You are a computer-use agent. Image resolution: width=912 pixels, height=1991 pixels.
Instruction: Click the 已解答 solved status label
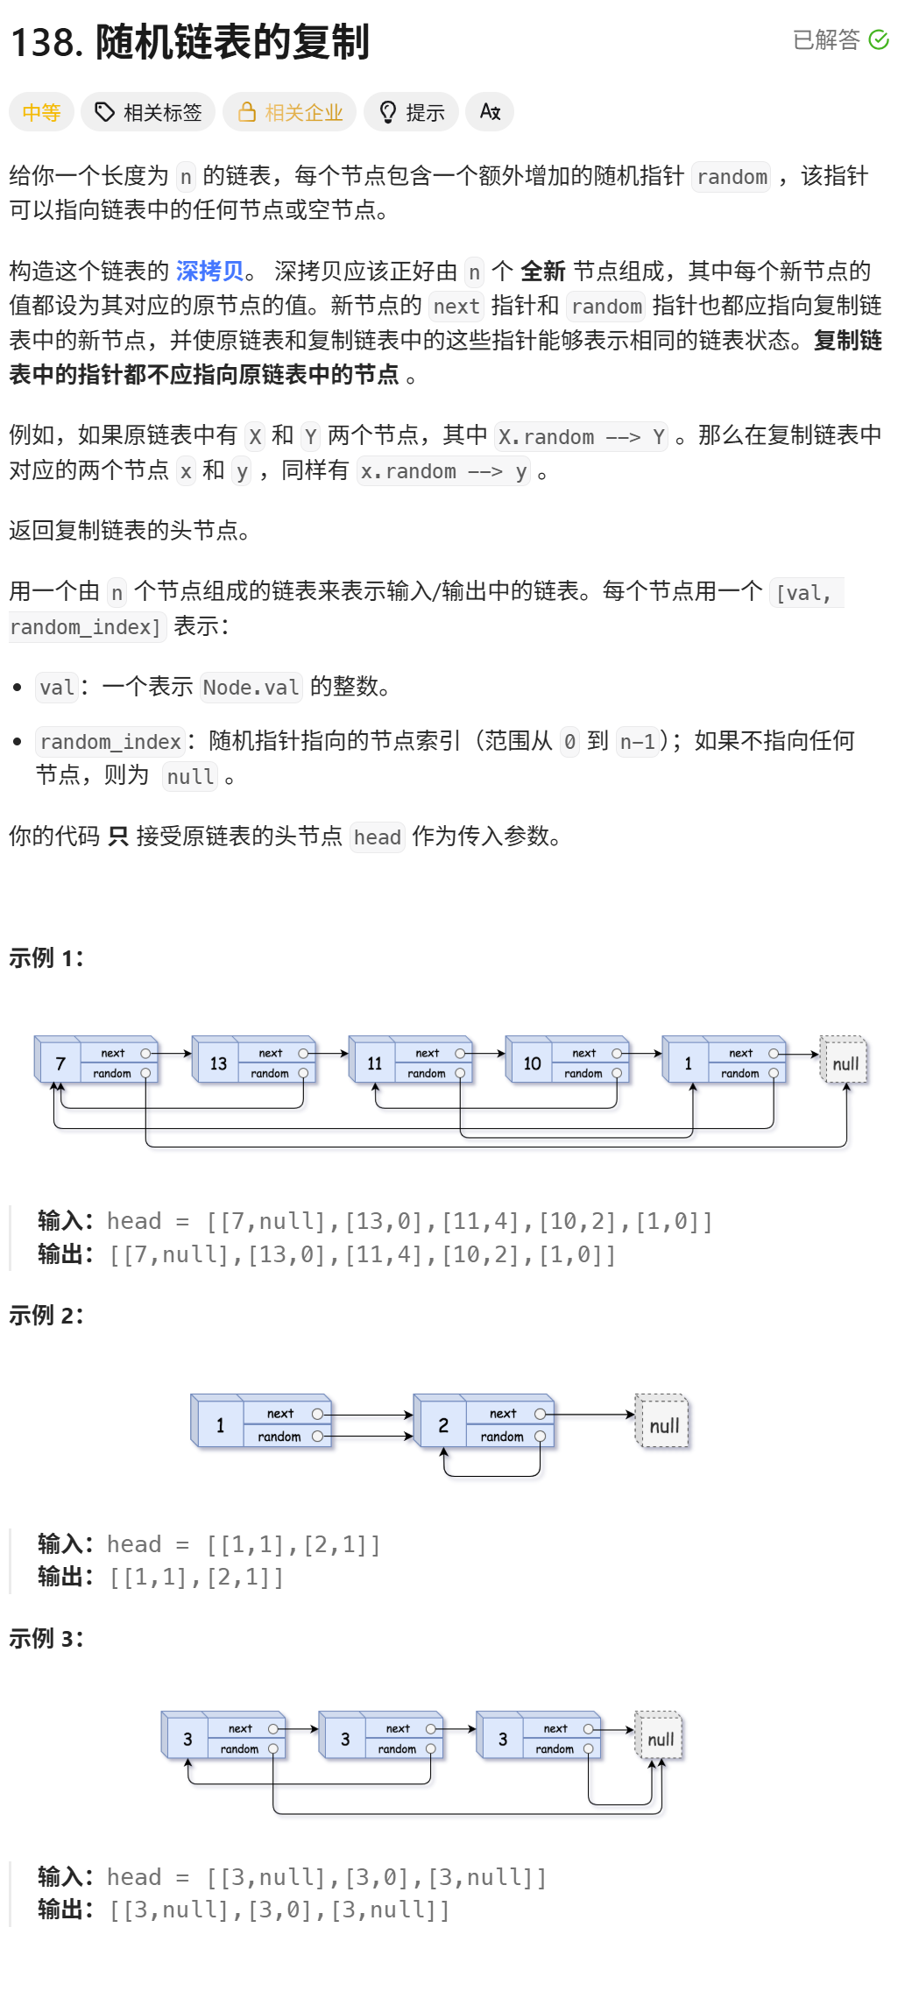pyautogui.click(x=826, y=40)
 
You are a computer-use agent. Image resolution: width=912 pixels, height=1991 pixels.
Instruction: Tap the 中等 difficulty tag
pyautogui.click(x=41, y=112)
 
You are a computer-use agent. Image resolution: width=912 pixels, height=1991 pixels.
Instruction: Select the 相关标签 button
pyautogui.click(x=148, y=112)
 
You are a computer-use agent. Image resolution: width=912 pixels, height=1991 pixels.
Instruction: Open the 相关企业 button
pyautogui.click(x=289, y=112)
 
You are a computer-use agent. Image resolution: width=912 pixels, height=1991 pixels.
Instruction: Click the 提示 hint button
pyautogui.click(x=411, y=112)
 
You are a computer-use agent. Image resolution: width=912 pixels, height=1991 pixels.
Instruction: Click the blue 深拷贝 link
pyautogui.click(x=209, y=272)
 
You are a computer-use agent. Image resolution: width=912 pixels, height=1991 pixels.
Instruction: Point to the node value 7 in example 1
pyautogui.click(x=60, y=1063)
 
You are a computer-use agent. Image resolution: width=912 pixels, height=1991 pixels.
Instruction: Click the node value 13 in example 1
pyautogui.click(x=218, y=1063)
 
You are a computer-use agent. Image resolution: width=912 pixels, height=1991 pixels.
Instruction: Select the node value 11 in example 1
pyautogui.click(x=374, y=1063)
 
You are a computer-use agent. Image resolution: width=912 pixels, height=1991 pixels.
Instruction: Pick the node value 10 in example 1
pyautogui.click(x=532, y=1063)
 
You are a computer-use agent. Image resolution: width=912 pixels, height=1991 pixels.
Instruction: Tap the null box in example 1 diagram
pyautogui.click(x=845, y=1063)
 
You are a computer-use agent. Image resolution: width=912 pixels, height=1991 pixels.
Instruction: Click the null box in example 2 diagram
pyautogui.click(x=663, y=1425)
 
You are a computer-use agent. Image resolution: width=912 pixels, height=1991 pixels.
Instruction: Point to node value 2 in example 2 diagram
pyautogui.click(x=443, y=1425)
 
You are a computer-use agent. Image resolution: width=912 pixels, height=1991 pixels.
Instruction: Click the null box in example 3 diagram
pyautogui.click(x=660, y=1739)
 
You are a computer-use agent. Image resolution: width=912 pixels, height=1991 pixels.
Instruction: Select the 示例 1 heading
pyautogui.click(x=46, y=957)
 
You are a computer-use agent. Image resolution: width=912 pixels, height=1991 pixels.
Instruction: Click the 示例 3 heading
pyautogui.click(x=46, y=1638)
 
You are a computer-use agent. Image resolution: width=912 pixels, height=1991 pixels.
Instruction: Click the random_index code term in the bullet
pyautogui.click(x=110, y=742)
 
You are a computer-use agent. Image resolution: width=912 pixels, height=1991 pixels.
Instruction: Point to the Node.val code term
pyautogui.click(x=251, y=688)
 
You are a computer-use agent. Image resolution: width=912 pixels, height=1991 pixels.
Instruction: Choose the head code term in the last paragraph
pyautogui.click(x=377, y=837)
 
